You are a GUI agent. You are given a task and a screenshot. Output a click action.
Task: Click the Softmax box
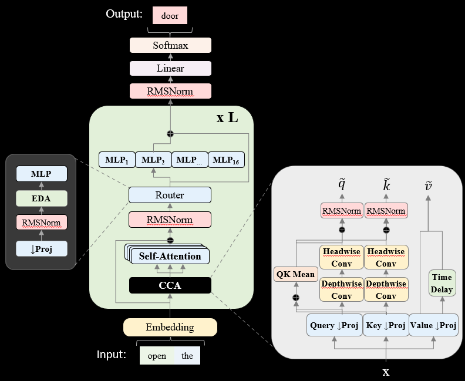pyautogui.click(x=170, y=45)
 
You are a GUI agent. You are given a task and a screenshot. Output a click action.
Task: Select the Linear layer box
pyautogui.click(x=170, y=68)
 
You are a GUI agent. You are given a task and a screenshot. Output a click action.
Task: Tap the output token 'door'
pyautogui.click(x=170, y=16)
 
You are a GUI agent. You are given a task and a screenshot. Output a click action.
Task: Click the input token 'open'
pyautogui.click(x=157, y=356)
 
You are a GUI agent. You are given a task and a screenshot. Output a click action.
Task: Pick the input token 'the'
pyautogui.click(x=187, y=356)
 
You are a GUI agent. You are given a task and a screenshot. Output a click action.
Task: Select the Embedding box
pyautogui.click(x=170, y=327)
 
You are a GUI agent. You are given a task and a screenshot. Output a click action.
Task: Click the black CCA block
pyautogui.click(x=170, y=286)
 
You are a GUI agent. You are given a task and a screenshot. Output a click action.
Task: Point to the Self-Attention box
pyautogui.click(x=170, y=256)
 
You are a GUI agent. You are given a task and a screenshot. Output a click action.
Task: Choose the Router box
pyautogui.click(x=170, y=195)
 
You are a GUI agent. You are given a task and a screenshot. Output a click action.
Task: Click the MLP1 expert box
pyautogui.click(x=117, y=160)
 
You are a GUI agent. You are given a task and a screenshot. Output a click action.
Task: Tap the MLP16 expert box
pyautogui.click(x=226, y=160)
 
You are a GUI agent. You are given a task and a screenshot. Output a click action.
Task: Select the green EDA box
pyautogui.click(x=41, y=198)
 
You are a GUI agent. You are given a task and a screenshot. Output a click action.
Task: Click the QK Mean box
pyautogui.click(x=295, y=274)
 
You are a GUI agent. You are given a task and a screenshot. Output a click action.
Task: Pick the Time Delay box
pyautogui.click(x=442, y=284)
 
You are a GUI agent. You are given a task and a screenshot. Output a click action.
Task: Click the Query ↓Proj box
pyautogui.click(x=335, y=325)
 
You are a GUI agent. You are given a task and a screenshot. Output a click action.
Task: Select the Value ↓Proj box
pyautogui.click(x=433, y=325)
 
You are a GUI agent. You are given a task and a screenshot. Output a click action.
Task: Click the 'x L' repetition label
pyautogui.click(x=227, y=117)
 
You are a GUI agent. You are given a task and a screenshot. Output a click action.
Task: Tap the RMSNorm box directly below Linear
pyautogui.click(x=170, y=91)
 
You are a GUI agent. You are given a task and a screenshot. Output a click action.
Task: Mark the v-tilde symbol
pyautogui.click(x=429, y=186)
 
